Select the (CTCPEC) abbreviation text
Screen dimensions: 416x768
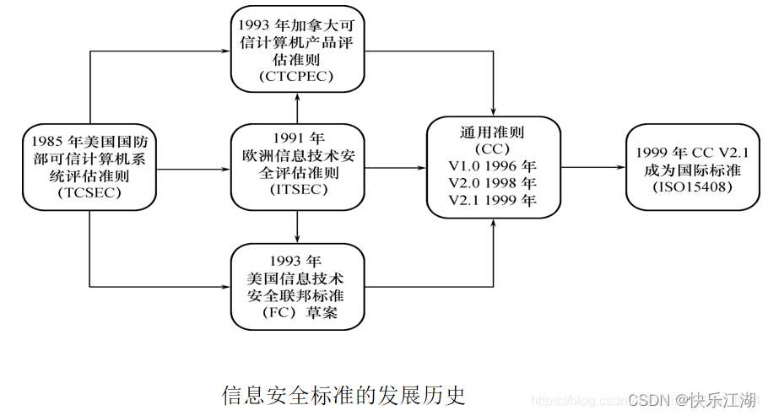point(297,77)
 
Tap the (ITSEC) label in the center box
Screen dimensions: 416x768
point(297,189)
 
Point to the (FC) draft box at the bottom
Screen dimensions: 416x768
point(297,287)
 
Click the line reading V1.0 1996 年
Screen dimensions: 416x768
point(494,165)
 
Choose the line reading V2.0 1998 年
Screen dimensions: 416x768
point(494,182)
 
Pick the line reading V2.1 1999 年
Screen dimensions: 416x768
point(494,200)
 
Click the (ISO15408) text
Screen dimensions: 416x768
point(686,183)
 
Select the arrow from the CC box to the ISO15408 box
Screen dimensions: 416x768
point(592,167)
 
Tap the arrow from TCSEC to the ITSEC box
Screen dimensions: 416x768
point(194,169)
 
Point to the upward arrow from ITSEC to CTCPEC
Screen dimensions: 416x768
point(297,108)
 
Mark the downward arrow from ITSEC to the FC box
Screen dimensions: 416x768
point(297,226)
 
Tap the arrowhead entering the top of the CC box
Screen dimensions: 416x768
point(494,112)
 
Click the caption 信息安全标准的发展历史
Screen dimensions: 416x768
point(343,395)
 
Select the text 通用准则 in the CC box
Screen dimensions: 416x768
point(494,132)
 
